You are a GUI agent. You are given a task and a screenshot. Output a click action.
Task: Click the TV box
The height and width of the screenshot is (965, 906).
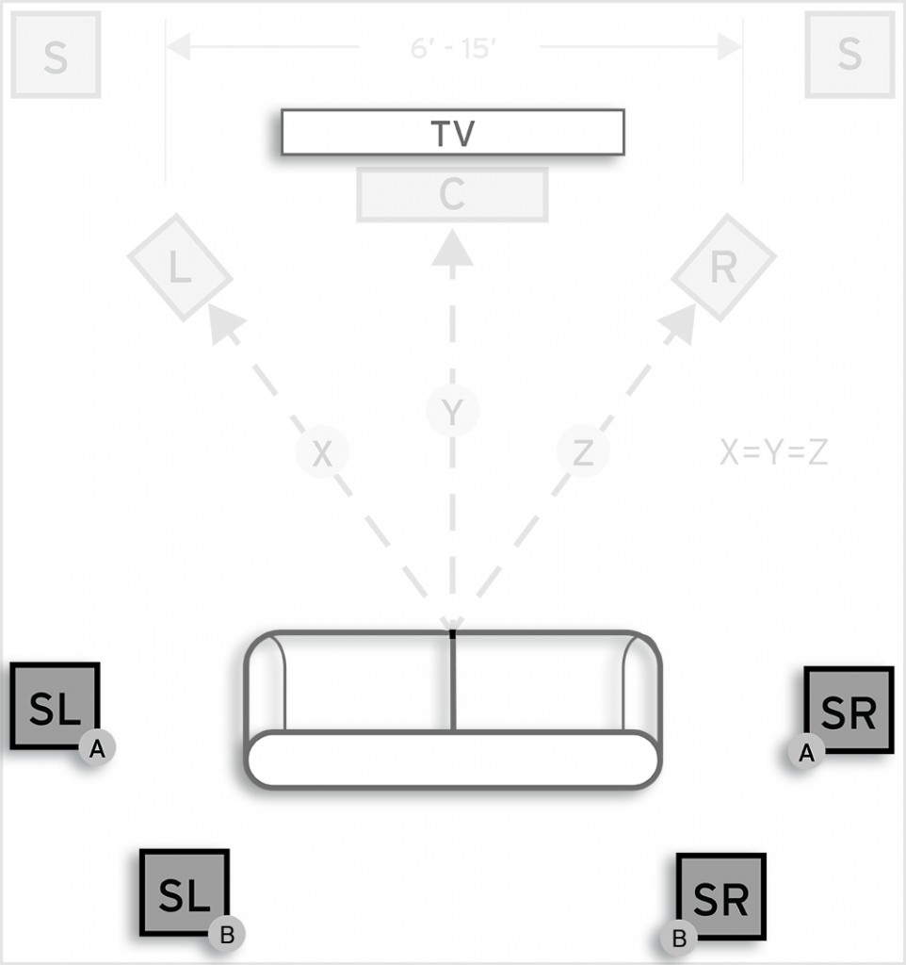pyautogui.click(x=452, y=132)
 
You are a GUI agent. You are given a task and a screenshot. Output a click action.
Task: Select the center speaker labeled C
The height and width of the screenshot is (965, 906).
pyautogui.click(x=452, y=195)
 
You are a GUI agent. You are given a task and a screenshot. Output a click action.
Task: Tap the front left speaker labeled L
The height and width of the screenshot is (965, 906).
pyautogui.click(x=180, y=268)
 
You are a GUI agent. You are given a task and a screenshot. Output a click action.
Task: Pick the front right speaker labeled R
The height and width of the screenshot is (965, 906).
pyautogui.click(x=722, y=268)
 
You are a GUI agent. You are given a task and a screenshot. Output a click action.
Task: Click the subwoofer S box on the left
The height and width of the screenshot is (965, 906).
pyautogui.click(x=56, y=56)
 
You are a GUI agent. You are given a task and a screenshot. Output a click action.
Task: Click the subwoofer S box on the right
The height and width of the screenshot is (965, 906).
pyautogui.click(x=849, y=54)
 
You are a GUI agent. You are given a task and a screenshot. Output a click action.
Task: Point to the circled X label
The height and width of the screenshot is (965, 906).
pyautogui.click(x=322, y=454)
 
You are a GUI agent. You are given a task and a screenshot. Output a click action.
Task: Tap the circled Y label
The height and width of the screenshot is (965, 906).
pyautogui.click(x=452, y=411)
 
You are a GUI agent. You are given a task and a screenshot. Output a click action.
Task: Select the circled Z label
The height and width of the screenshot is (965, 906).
pyautogui.click(x=583, y=454)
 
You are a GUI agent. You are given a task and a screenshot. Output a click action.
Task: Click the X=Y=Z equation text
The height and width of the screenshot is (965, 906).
pyautogui.click(x=773, y=453)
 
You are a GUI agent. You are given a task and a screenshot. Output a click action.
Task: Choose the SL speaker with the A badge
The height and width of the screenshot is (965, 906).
pyautogui.click(x=54, y=706)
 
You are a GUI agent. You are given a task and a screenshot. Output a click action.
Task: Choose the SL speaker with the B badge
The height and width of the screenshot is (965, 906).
pyautogui.click(x=184, y=892)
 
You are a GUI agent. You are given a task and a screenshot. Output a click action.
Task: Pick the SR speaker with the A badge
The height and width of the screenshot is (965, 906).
pyautogui.click(x=849, y=711)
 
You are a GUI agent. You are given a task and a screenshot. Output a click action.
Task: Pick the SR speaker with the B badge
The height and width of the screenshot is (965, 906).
pyautogui.click(x=720, y=897)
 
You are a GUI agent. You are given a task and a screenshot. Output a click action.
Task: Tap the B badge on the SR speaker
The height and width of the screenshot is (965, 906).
pyautogui.click(x=678, y=939)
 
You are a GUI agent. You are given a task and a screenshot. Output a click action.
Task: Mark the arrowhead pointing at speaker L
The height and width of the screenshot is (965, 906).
pyautogui.click(x=222, y=323)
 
